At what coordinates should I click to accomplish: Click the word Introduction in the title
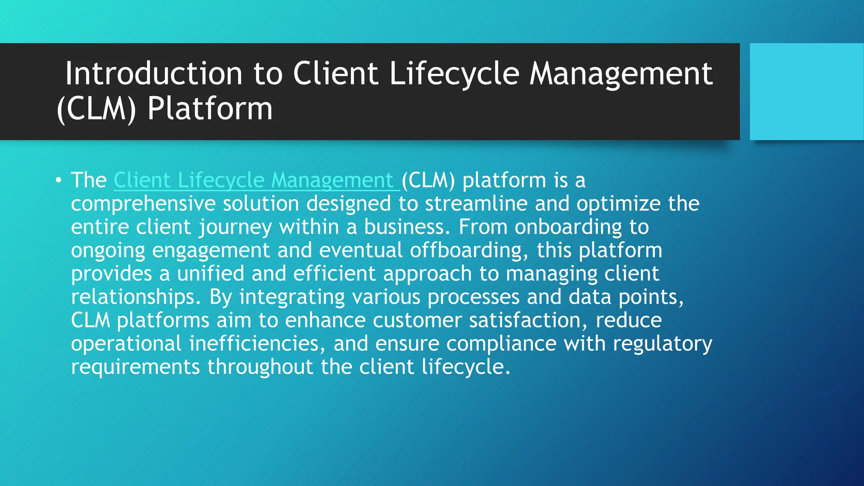[154, 74]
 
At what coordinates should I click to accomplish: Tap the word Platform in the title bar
[210, 109]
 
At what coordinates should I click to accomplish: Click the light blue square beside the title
[806, 92]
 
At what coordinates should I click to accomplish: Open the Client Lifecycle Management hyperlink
[253, 180]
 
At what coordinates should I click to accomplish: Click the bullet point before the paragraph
[58, 181]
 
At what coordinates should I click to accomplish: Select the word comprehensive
[143, 204]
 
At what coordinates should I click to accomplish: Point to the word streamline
[476, 204]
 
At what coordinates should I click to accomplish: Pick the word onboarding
[568, 227]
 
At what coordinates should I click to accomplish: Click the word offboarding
[466, 251]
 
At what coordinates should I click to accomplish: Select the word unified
[211, 274]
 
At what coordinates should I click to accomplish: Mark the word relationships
[133, 297]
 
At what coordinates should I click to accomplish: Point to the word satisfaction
[525, 320]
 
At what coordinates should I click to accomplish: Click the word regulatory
[662, 344]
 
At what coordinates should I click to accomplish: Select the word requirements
[135, 367]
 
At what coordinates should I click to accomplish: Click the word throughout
[260, 367]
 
